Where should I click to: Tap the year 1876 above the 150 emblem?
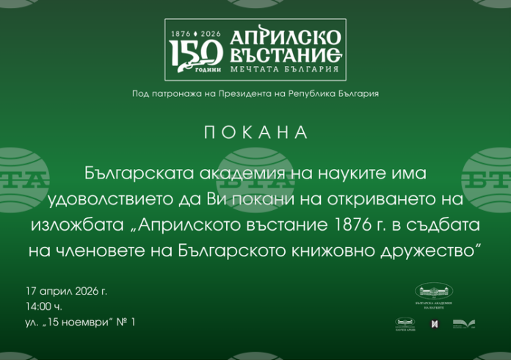click(180, 34)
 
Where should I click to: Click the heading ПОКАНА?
click(255, 133)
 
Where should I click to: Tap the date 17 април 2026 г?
click(66, 291)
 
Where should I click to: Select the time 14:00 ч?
click(43, 306)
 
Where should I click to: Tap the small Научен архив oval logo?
click(405, 323)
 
